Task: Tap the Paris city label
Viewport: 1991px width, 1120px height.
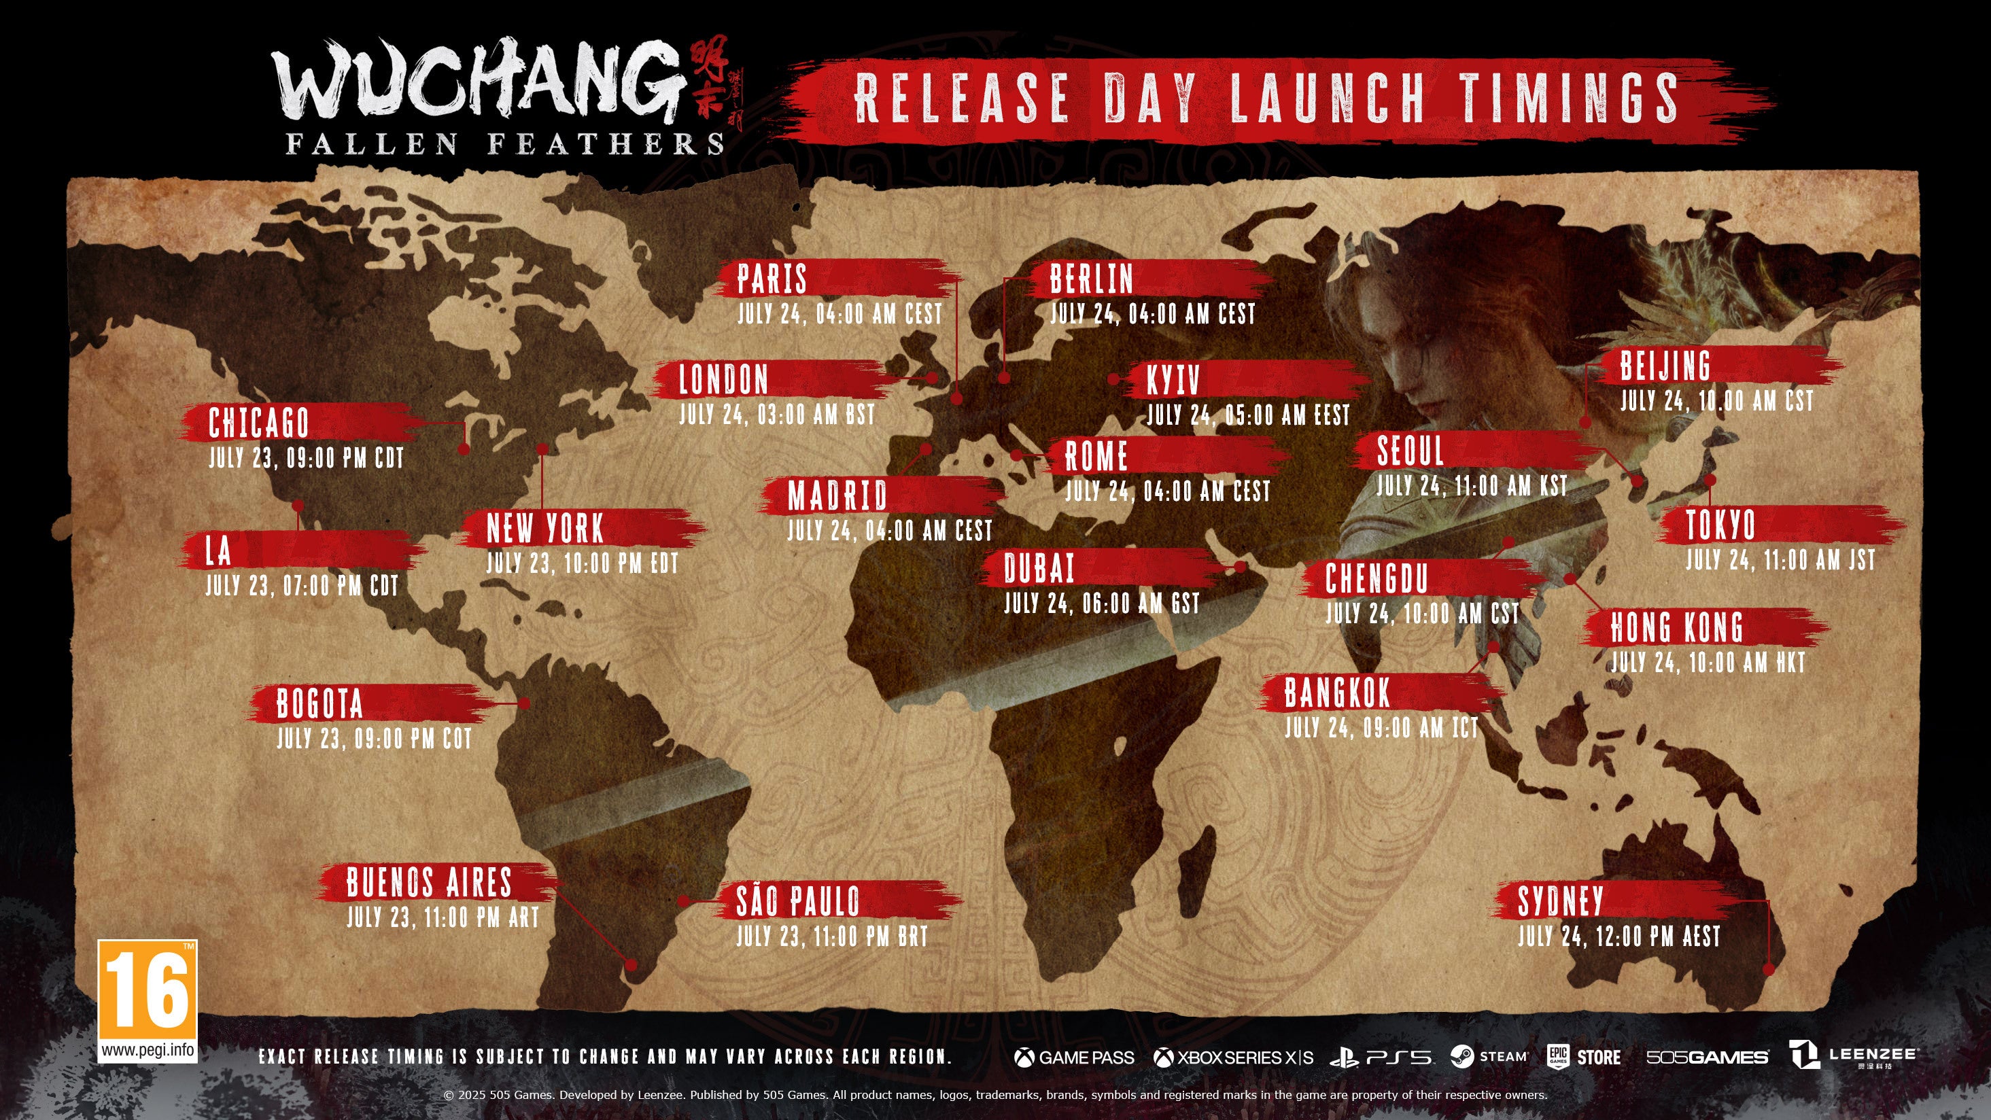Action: coord(772,279)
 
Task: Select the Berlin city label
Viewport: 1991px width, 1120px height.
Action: coord(1090,279)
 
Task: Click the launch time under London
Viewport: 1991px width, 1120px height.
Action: coord(777,415)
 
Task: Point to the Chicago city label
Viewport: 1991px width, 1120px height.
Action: coord(259,423)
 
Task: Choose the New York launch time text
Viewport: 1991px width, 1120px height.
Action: coord(582,564)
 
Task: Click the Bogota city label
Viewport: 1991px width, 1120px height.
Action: coord(319,704)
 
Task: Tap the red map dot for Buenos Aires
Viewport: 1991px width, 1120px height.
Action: coord(631,964)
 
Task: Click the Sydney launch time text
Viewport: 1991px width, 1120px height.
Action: coord(1618,937)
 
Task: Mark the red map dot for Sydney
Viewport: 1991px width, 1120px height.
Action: coord(1769,969)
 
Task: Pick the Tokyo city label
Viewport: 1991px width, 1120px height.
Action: coord(1720,525)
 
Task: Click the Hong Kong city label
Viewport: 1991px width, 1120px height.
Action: coord(1676,628)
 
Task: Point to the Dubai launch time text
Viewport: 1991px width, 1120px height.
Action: coord(1101,603)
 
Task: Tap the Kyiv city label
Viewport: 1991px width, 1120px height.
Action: coord(1173,381)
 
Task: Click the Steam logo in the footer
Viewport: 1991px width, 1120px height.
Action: coord(1489,1057)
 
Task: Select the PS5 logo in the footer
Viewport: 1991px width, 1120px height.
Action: coord(1381,1057)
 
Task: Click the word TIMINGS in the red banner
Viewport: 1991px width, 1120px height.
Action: coord(1568,97)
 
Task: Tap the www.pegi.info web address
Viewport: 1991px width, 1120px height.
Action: coord(147,1051)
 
